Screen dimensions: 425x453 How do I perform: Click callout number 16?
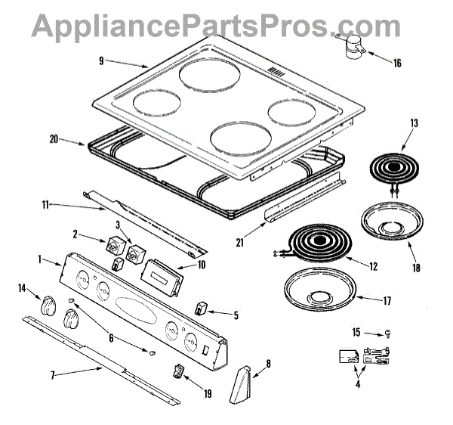tap(397, 63)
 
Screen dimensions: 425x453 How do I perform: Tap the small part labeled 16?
tap(351, 48)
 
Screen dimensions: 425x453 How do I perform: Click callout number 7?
tap(52, 375)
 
